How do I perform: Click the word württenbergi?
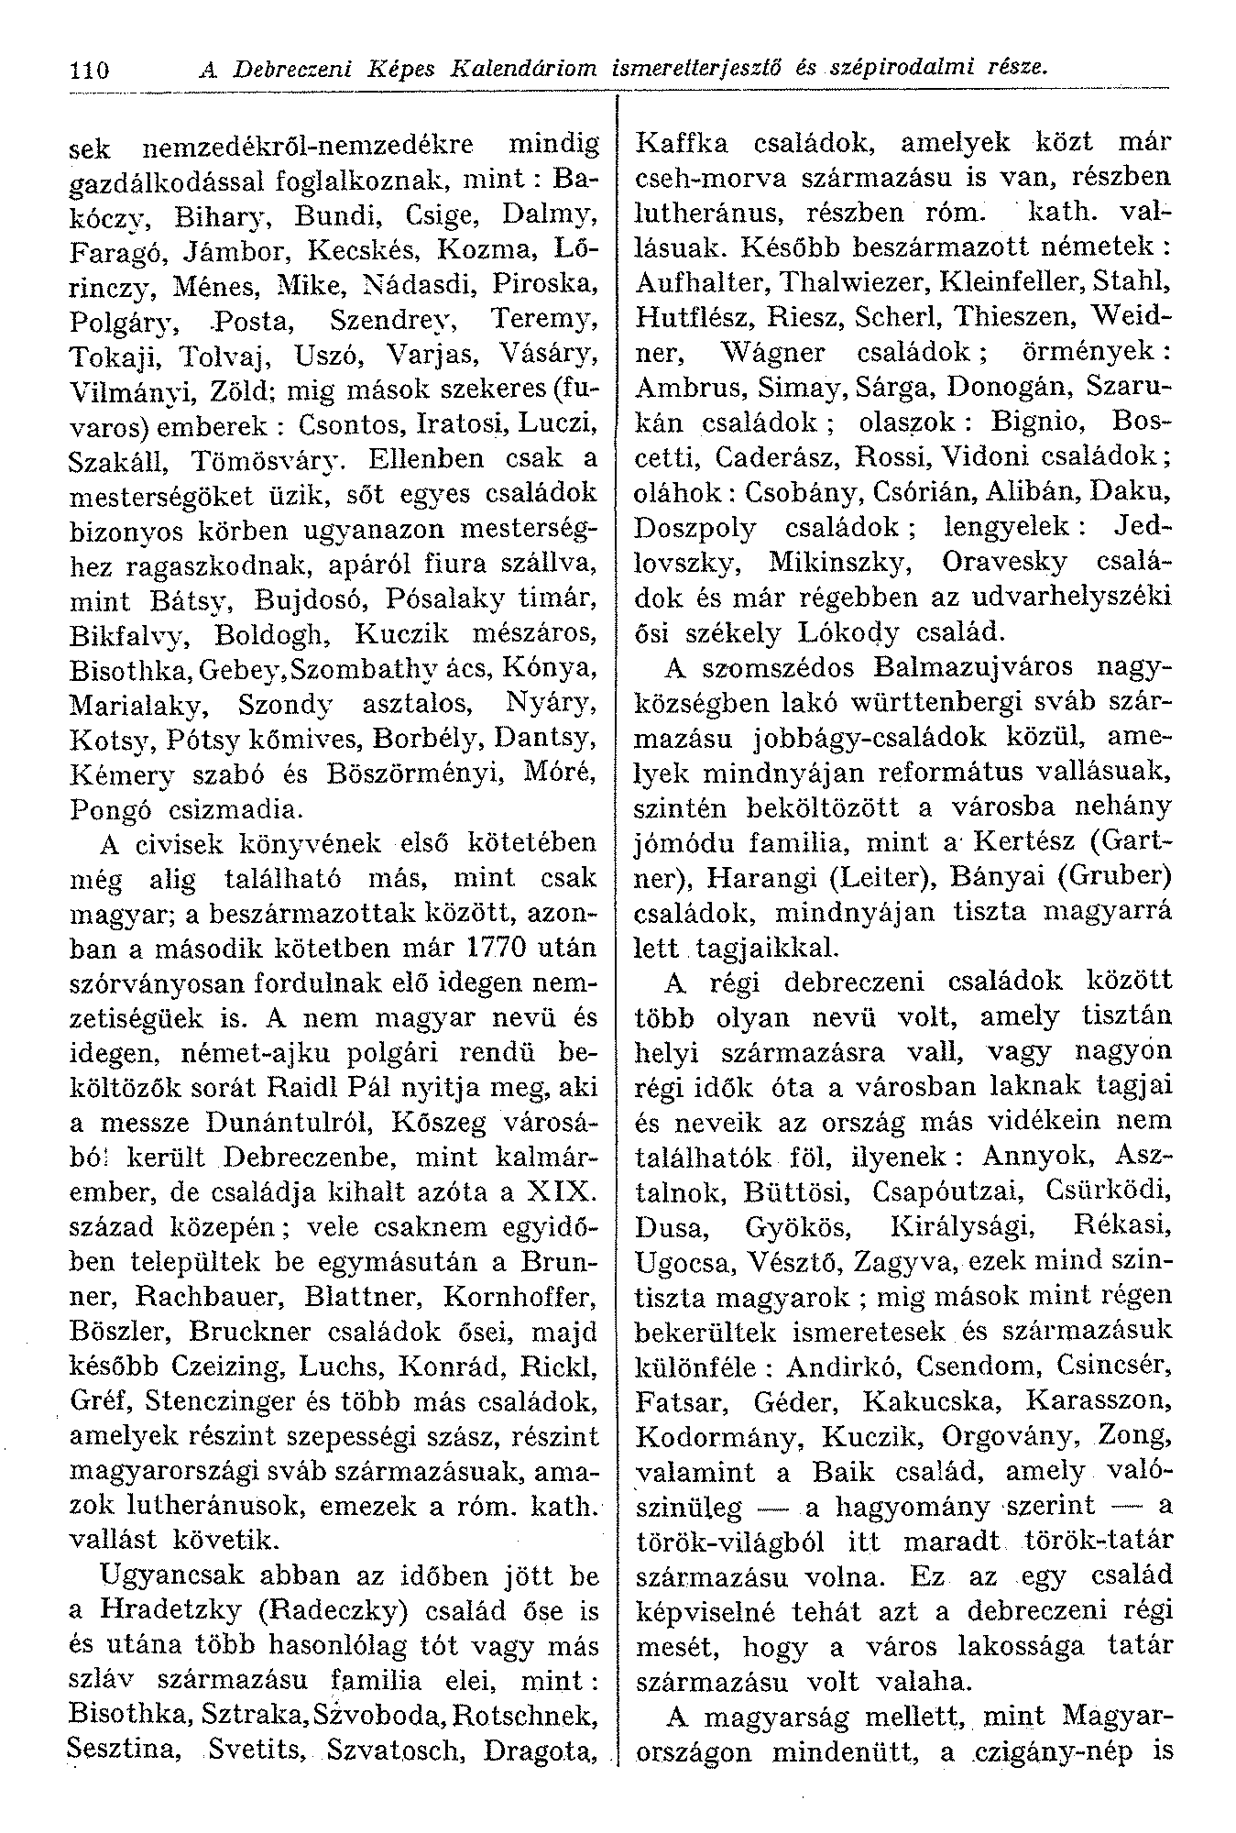point(916,702)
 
